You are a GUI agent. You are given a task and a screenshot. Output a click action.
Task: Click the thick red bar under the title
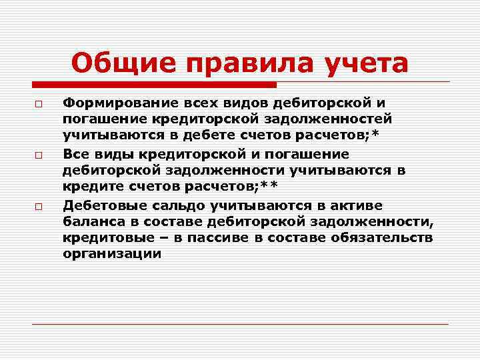pos(154,85)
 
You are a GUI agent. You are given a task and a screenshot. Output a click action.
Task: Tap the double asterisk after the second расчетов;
pos(269,185)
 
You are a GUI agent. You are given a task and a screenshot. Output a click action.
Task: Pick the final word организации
pos(112,254)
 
